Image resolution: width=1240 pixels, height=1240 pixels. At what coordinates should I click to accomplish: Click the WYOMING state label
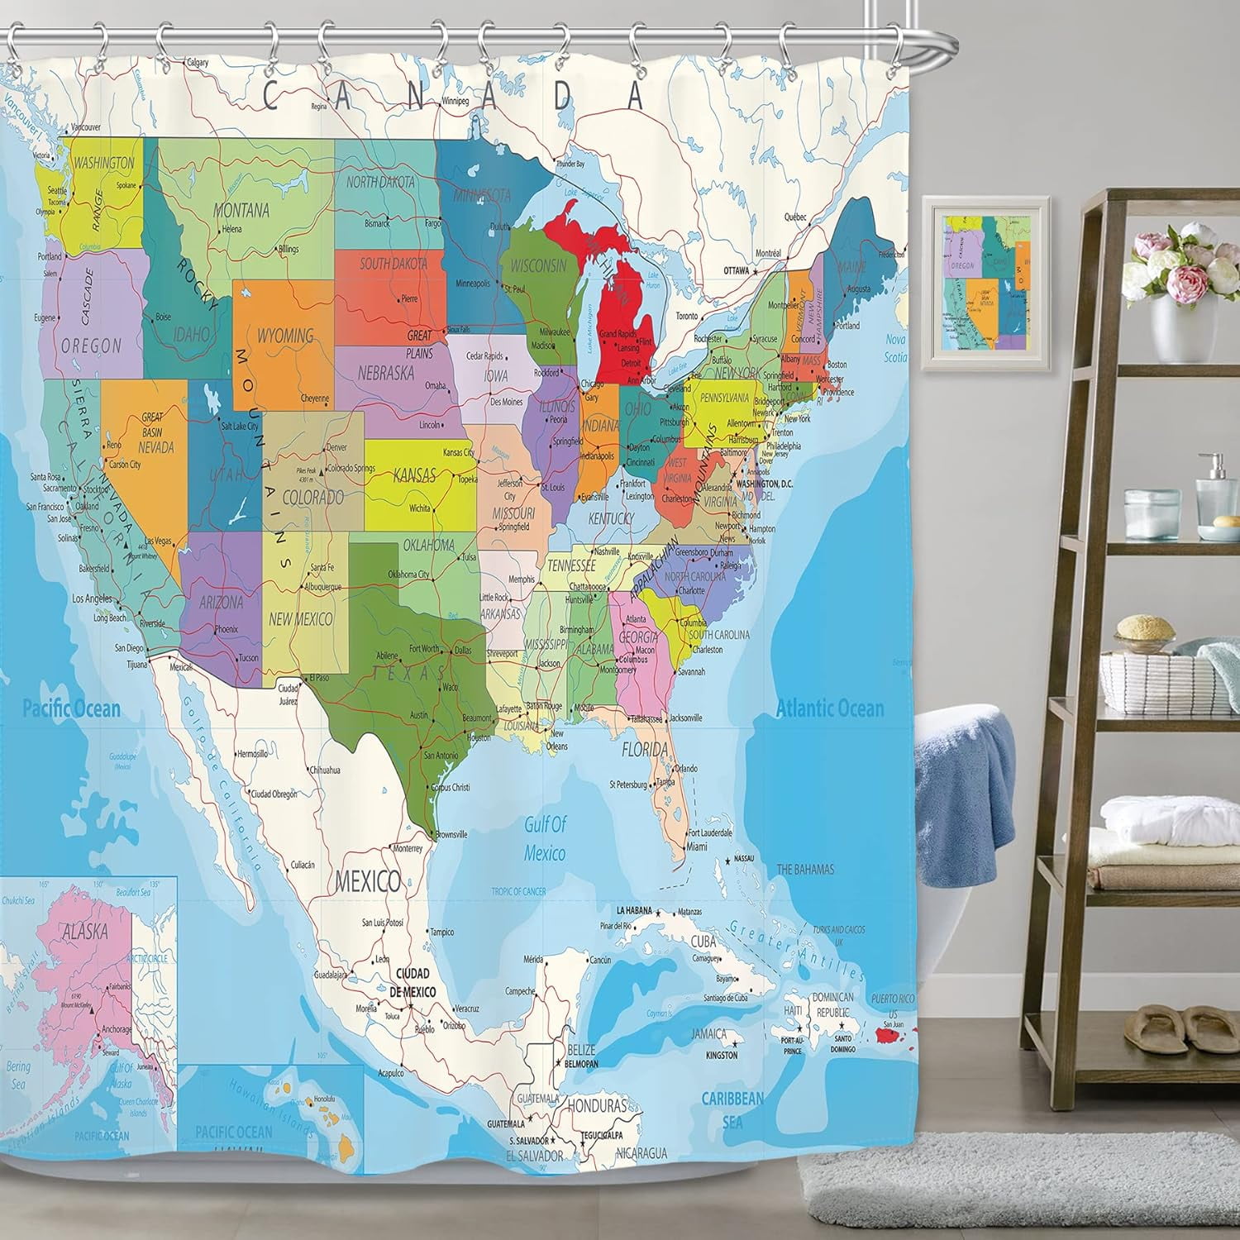click(285, 336)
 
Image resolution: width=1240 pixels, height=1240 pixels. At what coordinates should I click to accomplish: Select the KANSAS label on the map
click(414, 475)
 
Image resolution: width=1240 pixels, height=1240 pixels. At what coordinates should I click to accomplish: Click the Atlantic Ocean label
click(829, 708)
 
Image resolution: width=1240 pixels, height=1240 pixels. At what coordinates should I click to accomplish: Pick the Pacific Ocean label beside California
click(71, 708)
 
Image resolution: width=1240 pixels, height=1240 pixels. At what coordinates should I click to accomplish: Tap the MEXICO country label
click(368, 880)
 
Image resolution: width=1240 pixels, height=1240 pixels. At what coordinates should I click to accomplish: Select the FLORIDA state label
click(645, 750)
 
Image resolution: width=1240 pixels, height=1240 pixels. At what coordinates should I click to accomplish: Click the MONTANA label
click(241, 210)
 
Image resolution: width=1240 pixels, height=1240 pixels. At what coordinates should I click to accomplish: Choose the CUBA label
click(703, 942)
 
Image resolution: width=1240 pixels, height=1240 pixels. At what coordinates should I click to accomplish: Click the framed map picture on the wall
click(985, 284)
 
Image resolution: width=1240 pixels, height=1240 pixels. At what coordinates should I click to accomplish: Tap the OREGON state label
click(91, 346)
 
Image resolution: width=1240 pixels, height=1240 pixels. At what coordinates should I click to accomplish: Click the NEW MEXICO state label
click(300, 618)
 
